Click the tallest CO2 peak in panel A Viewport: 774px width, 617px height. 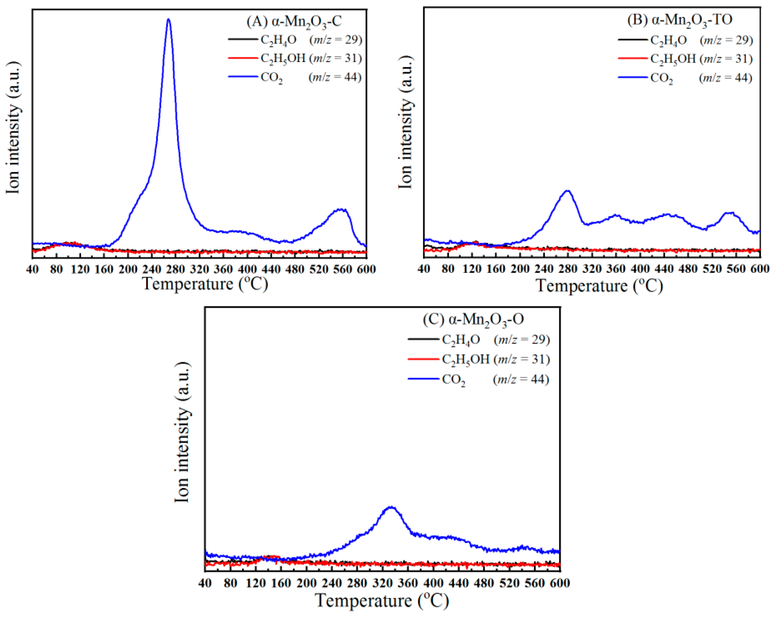[x=168, y=20]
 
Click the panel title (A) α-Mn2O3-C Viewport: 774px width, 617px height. [x=294, y=21]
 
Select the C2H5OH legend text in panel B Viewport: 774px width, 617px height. [x=673, y=59]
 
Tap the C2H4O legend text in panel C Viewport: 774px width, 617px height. [x=461, y=339]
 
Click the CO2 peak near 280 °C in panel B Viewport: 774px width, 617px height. [x=567, y=191]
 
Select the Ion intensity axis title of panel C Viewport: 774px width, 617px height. [x=182, y=432]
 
